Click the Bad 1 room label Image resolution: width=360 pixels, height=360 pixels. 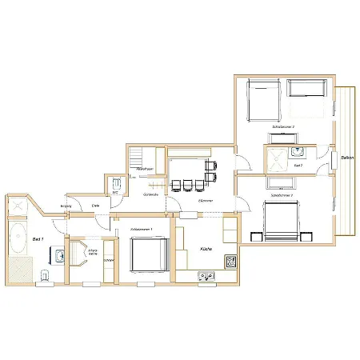click(37, 239)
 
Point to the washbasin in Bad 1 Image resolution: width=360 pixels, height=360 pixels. click(59, 256)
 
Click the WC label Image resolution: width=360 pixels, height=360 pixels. click(115, 192)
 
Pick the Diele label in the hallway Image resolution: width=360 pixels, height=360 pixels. click(95, 206)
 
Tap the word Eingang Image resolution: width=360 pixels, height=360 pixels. click(66, 206)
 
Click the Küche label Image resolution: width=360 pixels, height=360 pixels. click(206, 250)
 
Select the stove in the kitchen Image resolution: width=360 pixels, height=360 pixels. click(230, 261)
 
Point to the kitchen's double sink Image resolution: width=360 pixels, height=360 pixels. click(206, 277)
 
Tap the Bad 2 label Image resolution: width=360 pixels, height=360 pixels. click(298, 165)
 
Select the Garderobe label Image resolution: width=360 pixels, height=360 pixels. click(149, 195)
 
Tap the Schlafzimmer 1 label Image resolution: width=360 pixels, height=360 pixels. click(142, 229)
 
